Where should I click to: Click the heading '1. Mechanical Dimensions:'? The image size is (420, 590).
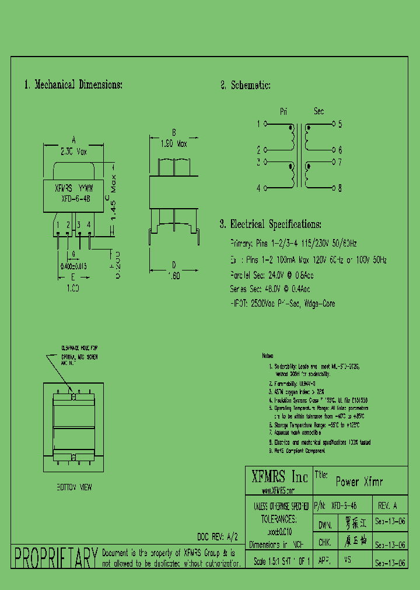point(73,85)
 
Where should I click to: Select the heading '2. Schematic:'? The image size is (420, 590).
point(245,85)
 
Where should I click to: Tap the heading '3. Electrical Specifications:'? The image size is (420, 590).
point(270,224)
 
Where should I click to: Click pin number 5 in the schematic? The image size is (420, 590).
point(340,124)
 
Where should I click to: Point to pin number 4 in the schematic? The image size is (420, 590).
point(258,188)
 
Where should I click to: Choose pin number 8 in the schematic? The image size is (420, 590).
point(340,188)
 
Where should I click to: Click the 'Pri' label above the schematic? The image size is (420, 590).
point(284,111)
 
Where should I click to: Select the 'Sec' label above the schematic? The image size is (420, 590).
point(318,111)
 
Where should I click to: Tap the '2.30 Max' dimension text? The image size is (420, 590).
point(73,151)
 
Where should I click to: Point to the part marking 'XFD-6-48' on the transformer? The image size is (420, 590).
point(76,198)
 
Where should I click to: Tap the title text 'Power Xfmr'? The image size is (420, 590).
point(359,482)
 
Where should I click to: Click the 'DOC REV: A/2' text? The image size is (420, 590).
point(218,535)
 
